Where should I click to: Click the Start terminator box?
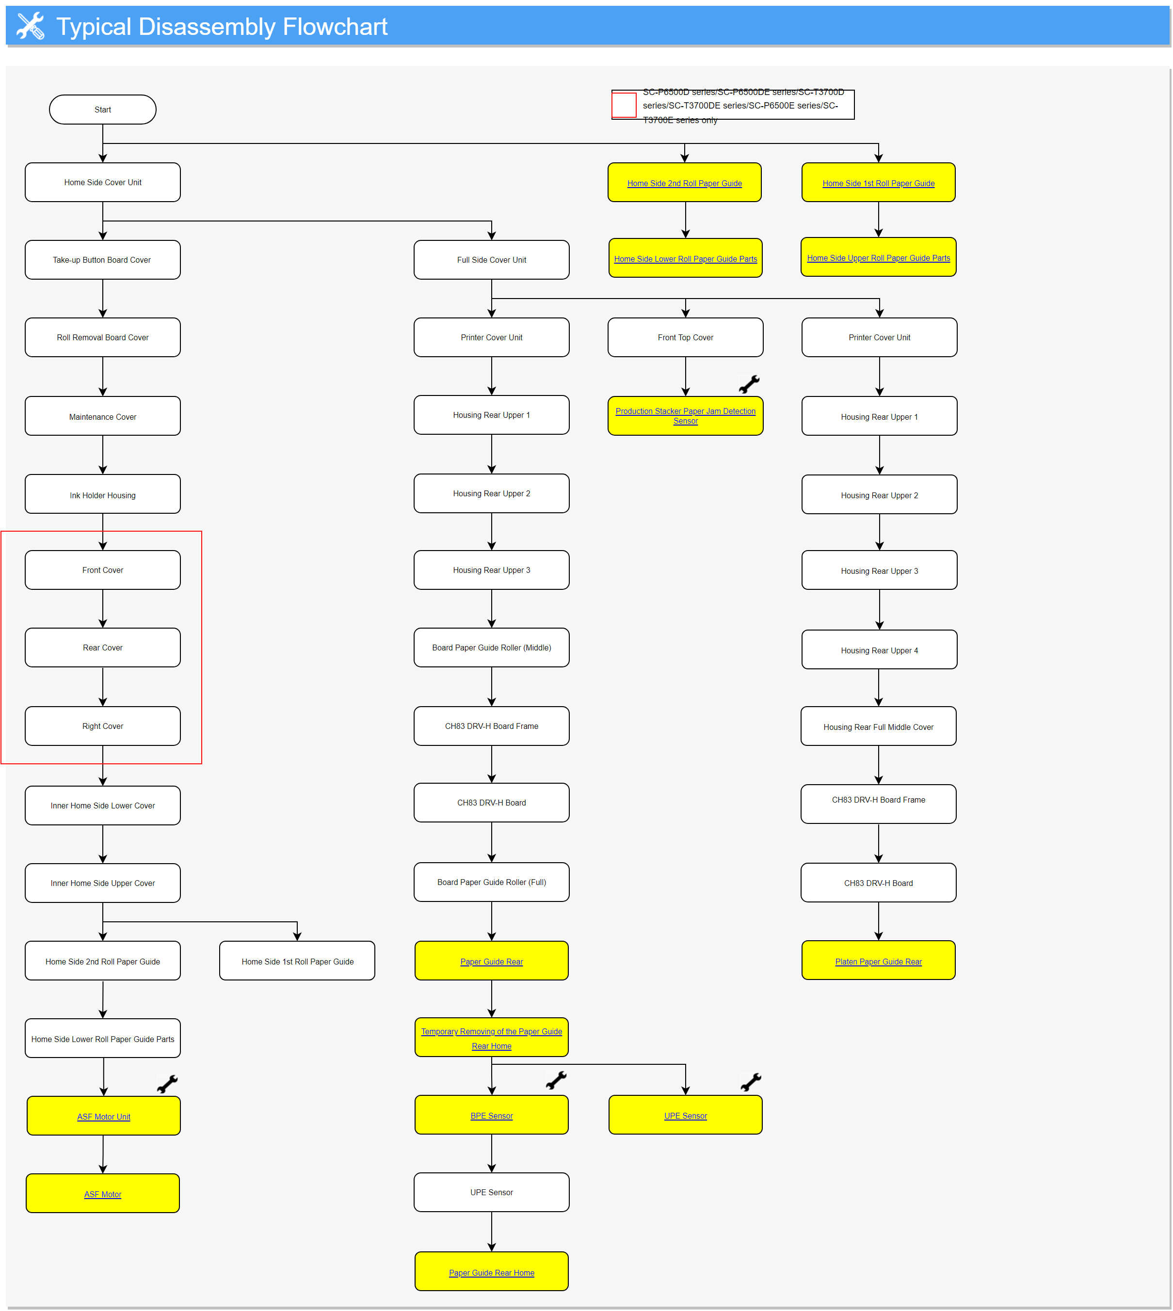(x=102, y=110)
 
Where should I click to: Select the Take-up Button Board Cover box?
(x=102, y=260)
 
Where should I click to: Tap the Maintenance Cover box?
(x=102, y=416)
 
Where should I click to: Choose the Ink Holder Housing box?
(x=102, y=495)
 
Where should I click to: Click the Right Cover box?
(x=102, y=726)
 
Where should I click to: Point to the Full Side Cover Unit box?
(x=491, y=260)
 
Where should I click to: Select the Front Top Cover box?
(x=685, y=337)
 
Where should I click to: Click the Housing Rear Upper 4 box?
(x=879, y=650)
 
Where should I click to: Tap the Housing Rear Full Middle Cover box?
(x=878, y=727)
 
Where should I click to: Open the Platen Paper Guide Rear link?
(x=878, y=961)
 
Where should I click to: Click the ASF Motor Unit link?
(x=103, y=1117)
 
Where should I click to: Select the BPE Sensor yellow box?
(x=491, y=1115)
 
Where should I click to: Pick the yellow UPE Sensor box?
(x=685, y=1115)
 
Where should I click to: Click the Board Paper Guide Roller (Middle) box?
(x=491, y=648)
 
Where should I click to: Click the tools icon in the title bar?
(x=30, y=26)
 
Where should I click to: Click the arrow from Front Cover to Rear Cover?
(x=102, y=609)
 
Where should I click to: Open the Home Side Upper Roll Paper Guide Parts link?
(x=878, y=258)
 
